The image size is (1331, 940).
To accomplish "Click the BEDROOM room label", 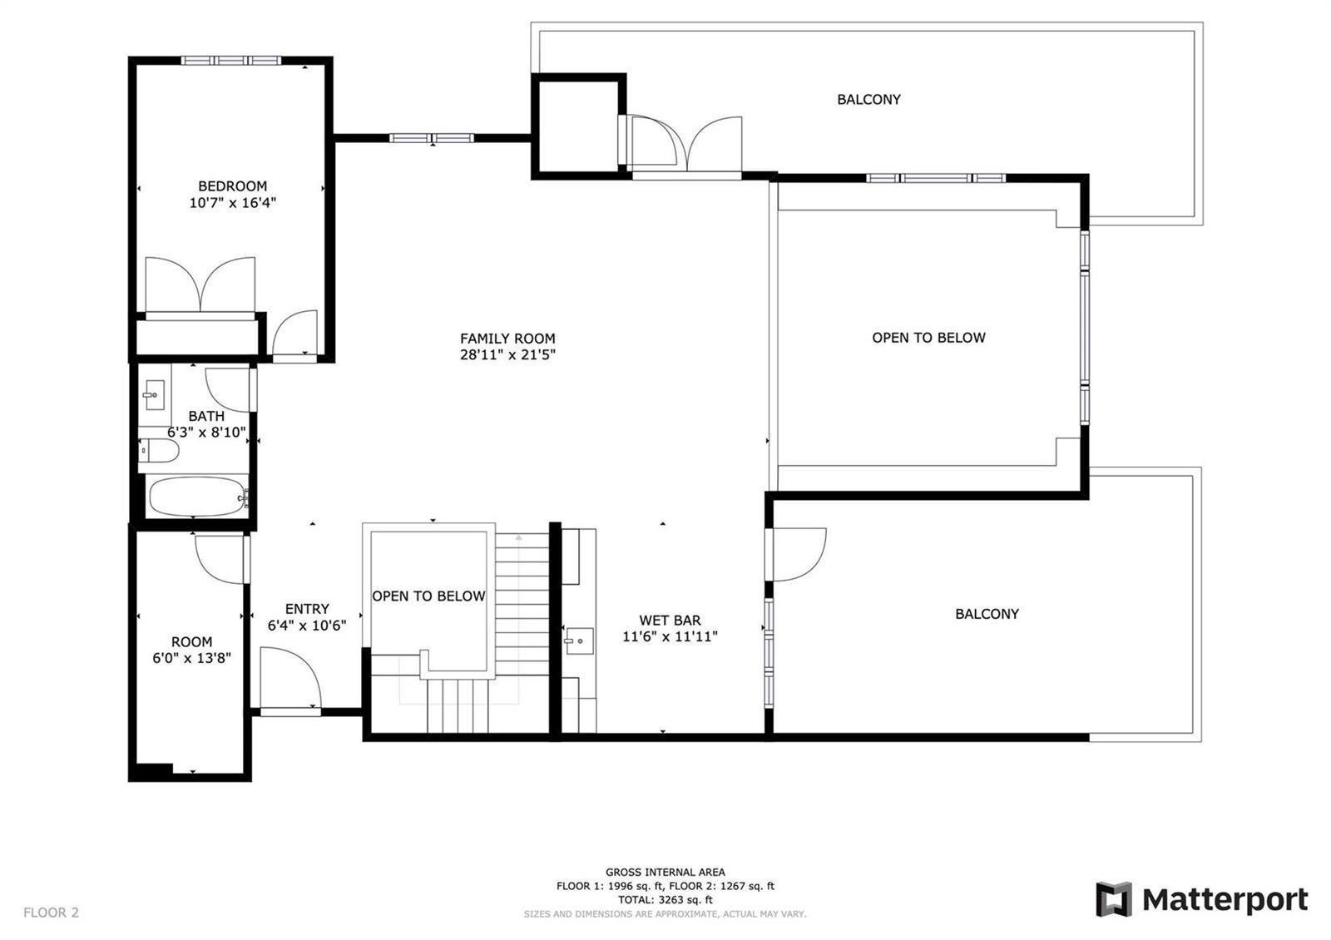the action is (232, 186).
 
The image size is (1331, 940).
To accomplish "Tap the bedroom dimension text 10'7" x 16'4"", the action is (232, 203).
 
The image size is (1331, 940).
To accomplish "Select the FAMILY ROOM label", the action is (507, 339).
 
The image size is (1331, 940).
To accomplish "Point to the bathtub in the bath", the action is (197, 497).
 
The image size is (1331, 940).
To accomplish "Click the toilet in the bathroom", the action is (159, 451).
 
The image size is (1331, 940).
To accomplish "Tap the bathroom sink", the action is (155, 395).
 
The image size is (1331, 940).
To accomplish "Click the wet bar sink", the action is (579, 641).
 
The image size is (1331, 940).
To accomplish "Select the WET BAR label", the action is (670, 621).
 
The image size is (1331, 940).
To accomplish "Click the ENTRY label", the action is (307, 609).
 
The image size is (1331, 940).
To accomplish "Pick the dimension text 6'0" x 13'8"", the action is (191, 658).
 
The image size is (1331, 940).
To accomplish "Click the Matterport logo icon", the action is (1114, 899).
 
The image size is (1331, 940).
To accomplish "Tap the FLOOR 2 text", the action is (51, 913).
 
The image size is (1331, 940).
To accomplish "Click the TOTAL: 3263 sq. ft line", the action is (665, 900).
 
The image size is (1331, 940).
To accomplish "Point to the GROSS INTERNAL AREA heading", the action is (665, 873).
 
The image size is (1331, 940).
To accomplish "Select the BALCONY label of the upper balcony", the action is (868, 100).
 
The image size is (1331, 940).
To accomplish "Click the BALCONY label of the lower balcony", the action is (987, 615).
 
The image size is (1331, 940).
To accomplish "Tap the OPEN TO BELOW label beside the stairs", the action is (428, 596).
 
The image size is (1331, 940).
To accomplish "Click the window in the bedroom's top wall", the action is (230, 60).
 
